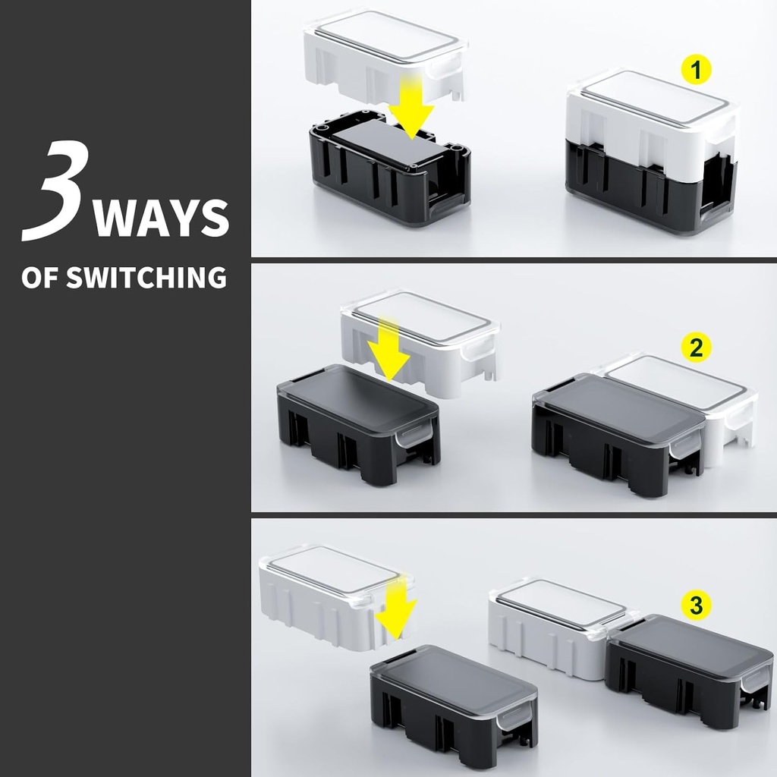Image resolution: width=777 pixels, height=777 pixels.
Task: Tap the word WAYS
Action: (x=161, y=218)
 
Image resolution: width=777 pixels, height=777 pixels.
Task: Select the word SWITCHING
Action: (x=146, y=277)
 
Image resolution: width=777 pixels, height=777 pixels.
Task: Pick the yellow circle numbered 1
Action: (x=697, y=70)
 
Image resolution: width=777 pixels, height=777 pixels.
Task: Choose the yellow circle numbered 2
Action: (x=697, y=348)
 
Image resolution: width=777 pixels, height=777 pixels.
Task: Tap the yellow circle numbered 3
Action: (x=696, y=605)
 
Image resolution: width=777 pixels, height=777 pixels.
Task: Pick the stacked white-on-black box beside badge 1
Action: (x=652, y=151)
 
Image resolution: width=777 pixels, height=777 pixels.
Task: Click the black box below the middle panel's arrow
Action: (x=359, y=423)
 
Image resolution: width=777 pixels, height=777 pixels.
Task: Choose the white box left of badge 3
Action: (x=562, y=627)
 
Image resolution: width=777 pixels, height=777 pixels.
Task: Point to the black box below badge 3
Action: (x=689, y=671)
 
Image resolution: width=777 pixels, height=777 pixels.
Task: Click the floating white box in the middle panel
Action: (x=421, y=342)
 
